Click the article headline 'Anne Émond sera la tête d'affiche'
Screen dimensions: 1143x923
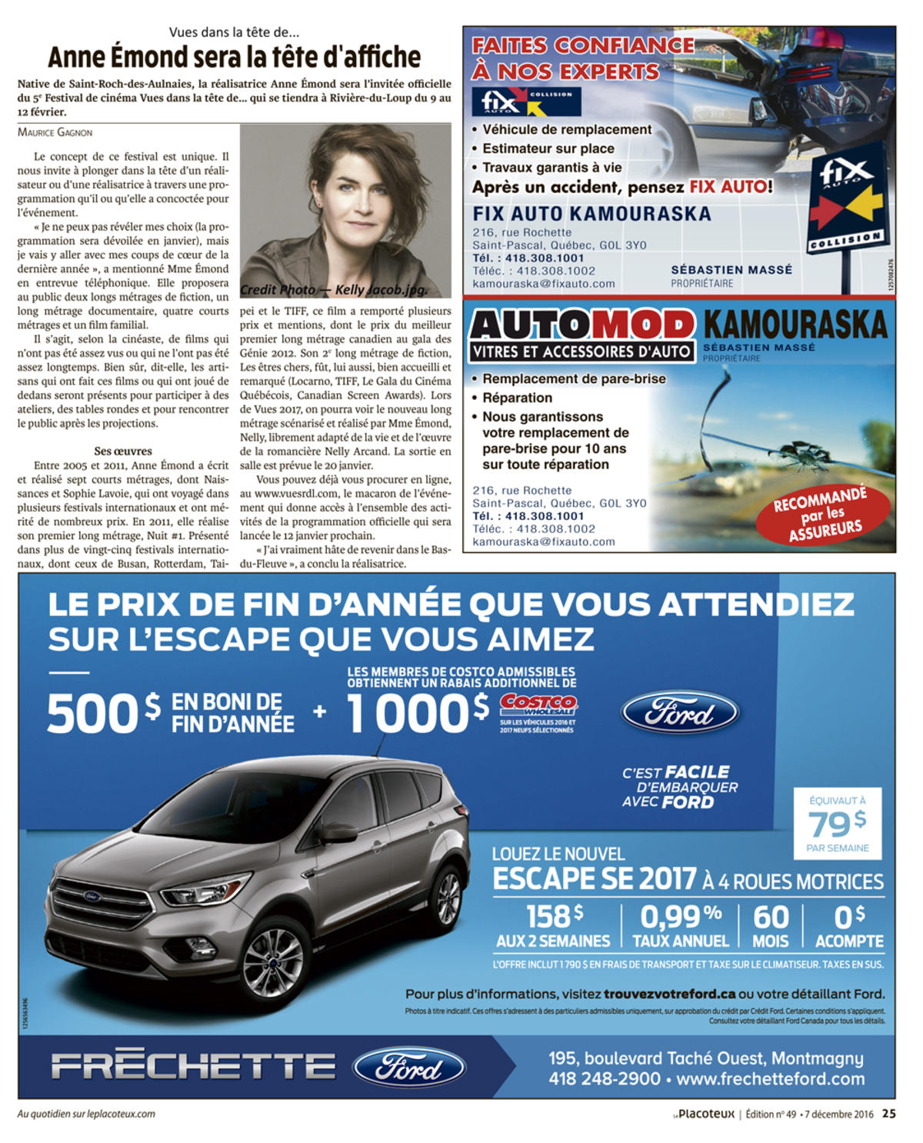(234, 57)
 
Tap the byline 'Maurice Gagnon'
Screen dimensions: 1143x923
(55, 132)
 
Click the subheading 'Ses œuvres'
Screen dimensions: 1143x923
(123, 451)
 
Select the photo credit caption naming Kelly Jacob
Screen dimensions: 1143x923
(334, 290)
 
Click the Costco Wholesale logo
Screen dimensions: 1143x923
(538, 705)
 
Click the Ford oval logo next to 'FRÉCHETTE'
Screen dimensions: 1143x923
(408, 1068)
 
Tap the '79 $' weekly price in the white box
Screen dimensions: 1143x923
(837, 824)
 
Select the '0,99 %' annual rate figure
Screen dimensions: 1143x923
(680, 918)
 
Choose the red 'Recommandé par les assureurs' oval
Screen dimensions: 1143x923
(822, 513)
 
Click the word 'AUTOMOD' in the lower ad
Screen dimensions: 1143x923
(581, 325)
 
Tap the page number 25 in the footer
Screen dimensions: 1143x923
(888, 1113)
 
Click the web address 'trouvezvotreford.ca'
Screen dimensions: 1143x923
(669, 994)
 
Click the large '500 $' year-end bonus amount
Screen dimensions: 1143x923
(104, 713)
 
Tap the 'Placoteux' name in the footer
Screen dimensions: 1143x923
(706, 1113)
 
